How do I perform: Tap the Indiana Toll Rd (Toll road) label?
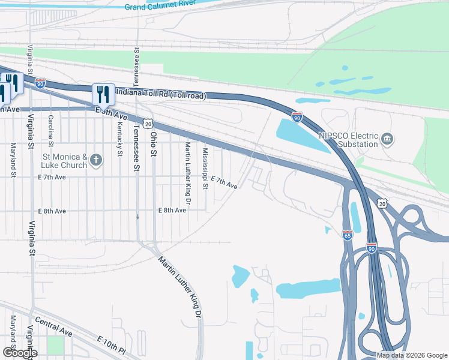pyautogui.click(x=160, y=94)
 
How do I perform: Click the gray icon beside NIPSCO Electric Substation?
pyautogui.click(x=388, y=140)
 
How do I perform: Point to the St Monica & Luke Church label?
pyautogui.click(x=65, y=161)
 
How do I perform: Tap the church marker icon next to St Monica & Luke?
pyautogui.click(x=97, y=160)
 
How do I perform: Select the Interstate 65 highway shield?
pyautogui.click(x=348, y=235)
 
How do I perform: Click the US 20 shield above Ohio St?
pyautogui.click(x=148, y=122)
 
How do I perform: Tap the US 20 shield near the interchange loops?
pyautogui.click(x=382, y=204)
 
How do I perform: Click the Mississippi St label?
pyautogui.click(x=205, y=169)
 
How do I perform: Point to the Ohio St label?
pyautogui.click(x=154, y=144)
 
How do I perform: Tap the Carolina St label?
pyautogui.click(x=51, y=131)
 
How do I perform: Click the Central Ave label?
pyautogui.click(x=53, y=327)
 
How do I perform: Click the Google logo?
pyautogui.click(x=19, y=353)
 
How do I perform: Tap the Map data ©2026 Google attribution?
pyautogui.click(x=412, y=355)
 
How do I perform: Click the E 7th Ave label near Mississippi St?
pyautogui.click(x=224, y=183)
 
